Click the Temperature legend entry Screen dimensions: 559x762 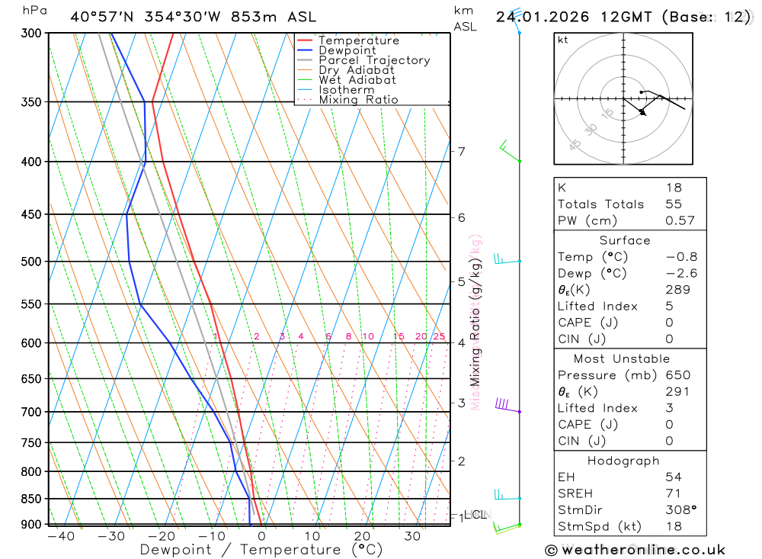coord(358,40)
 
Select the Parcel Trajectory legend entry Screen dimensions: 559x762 coord(374,60)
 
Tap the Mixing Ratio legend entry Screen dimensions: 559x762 coord(358,100)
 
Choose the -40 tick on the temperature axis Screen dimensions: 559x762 coord(61,536)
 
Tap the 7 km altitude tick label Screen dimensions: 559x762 coord(461,151)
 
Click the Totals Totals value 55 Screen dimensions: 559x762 coord(674,204)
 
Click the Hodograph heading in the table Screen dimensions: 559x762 coord(623,461)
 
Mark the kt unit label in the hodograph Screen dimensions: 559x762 coord(563,40)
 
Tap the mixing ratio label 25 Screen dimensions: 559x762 coord(439,336)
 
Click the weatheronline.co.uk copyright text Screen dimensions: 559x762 coord(636,550)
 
